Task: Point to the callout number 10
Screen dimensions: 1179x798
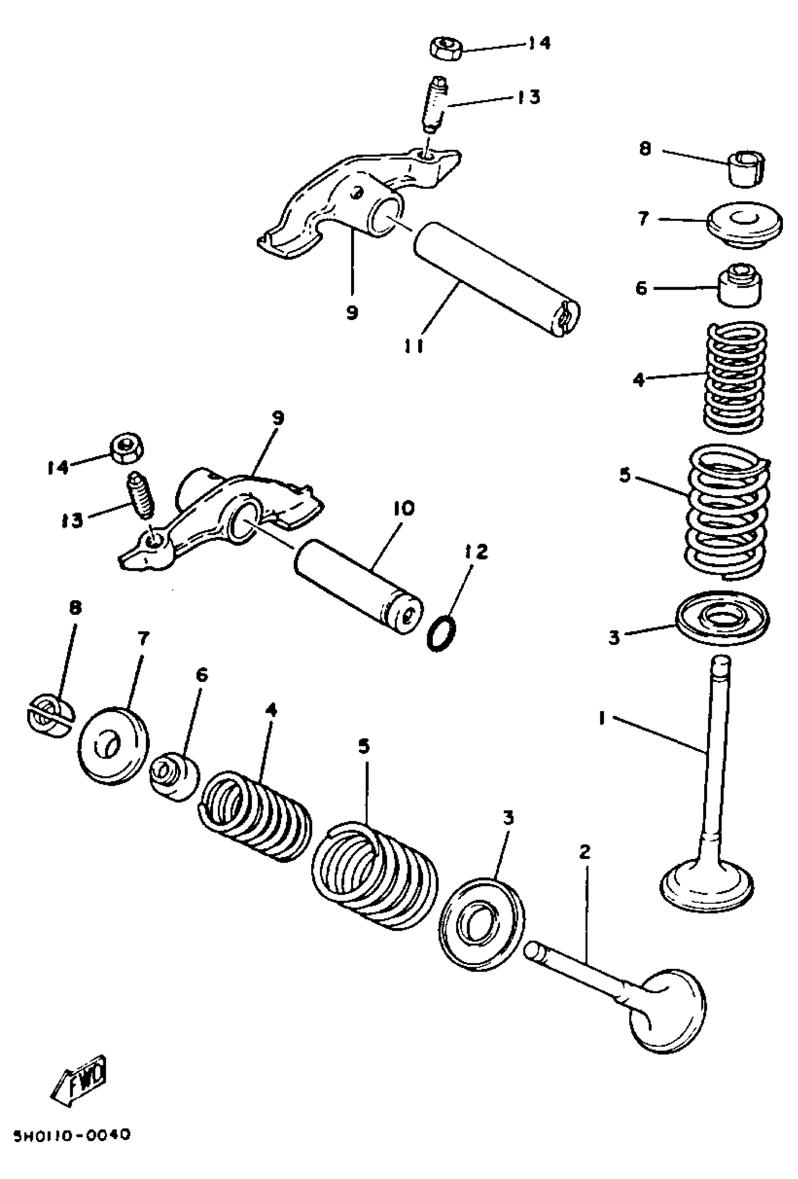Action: point(403,508)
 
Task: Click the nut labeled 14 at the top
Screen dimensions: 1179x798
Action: point(446,49)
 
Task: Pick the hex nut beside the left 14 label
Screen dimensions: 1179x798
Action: point(127,447)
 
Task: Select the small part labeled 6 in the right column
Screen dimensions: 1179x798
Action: point(739,286)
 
